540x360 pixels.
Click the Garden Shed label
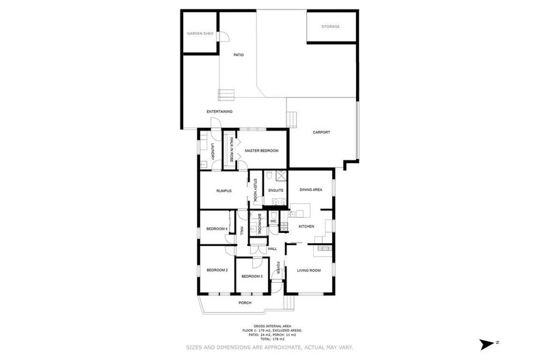coord(200,33)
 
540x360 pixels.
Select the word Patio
coord(239,55)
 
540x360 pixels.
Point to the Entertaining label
coord(220,111)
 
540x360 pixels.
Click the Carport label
coord(322,132)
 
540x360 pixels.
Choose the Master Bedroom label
coord(260,150)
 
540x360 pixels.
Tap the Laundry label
coord(213,152)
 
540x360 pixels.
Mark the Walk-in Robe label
coord(232,148)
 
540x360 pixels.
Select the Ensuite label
coord(275,190)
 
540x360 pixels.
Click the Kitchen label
coord(307,225)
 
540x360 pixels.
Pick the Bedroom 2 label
coord(217,271)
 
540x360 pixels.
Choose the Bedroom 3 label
coord(252,276)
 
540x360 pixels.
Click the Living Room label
coord(309,271)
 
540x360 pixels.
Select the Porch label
coord(245,303)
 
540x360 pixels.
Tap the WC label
coord(272,222)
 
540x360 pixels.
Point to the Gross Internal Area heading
coord(269,327)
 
